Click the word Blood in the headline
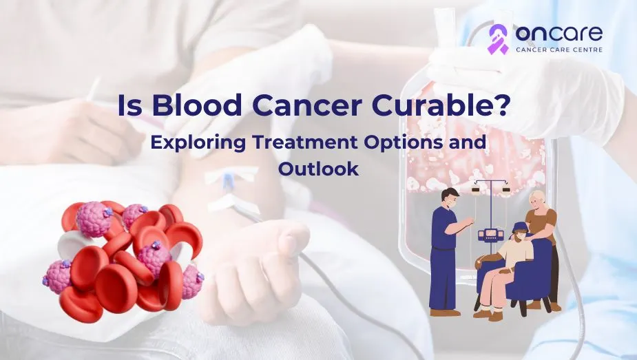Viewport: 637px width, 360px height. pos(197,105)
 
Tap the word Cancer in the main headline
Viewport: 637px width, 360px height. pos(309,105)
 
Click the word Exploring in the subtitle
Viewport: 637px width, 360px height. pos(198,143)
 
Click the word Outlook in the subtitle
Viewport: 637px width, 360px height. pos(318,169)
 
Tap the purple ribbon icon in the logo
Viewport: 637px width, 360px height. pos(498,39)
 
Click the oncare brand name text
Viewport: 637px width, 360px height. pos(559,33)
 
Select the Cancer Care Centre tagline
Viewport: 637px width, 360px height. pos(559,50)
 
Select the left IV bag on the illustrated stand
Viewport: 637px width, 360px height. pos(475,189)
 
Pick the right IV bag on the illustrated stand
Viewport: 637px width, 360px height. pos(505,189)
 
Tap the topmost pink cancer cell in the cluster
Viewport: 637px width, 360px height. pos(94,219)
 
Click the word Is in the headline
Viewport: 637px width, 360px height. pos(129,105)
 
